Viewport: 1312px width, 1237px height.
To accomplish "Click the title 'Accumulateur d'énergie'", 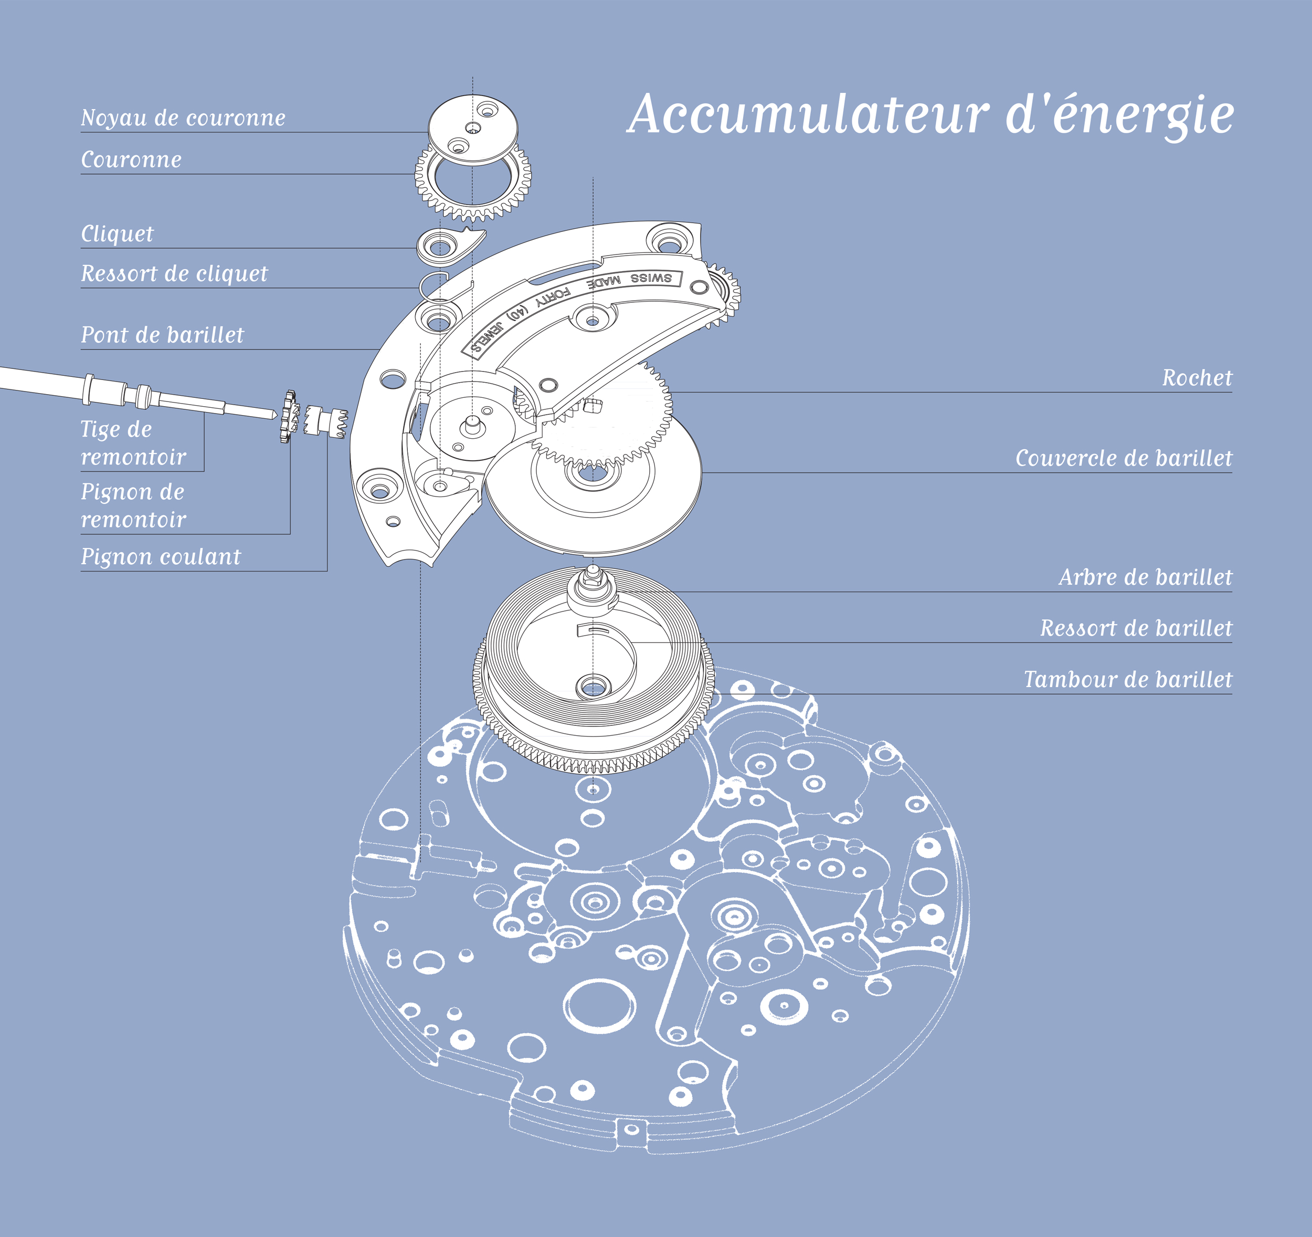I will [930, 115].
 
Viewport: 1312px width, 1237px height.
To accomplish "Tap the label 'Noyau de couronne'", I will [183, 118].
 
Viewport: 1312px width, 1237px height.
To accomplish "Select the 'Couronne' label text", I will [131, 160].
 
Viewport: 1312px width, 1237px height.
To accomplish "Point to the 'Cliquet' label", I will [117, 234].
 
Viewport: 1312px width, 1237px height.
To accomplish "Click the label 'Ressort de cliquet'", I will [174, 273].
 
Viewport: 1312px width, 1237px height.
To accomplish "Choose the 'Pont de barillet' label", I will [162, 335].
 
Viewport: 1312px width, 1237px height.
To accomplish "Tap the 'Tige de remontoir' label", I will [133, 443].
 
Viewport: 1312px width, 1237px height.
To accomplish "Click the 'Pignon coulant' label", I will [161, 556].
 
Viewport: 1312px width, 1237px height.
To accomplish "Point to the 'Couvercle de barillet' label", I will [1123, 458].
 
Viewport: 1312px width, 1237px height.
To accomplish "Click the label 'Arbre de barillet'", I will [1145, 577].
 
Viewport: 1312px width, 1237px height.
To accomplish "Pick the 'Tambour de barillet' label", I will [1127, 679].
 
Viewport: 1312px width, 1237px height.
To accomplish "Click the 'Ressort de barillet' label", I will [1136, 628].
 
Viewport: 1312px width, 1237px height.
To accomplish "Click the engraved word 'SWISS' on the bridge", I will [651, 278].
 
